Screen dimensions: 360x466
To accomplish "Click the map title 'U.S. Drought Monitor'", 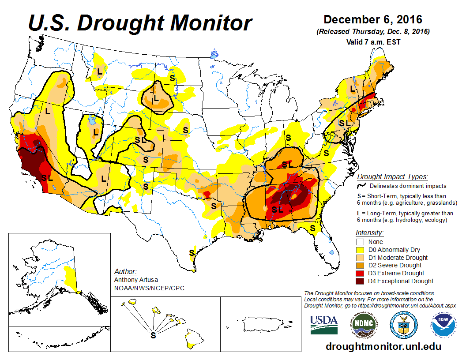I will pyautogui.click(x=140, y=23).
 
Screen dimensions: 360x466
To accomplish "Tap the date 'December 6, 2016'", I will pyautogui.click(x=373, y=20).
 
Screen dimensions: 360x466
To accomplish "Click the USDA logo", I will pyautogui.click(x=324, y=325).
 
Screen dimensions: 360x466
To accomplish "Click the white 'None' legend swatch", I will pyautogui.click(x=360, y=242).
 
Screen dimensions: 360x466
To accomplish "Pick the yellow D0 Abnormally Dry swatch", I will pyautogui.click(x=360, y=250).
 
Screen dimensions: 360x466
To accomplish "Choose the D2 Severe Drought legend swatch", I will pyautogui.click(x=360, y=265).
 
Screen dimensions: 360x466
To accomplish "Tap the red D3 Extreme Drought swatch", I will pyautogui.click(x=360, y=273).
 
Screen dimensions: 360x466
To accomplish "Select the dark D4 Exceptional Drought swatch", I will pyautogui.click(x=360, y=281).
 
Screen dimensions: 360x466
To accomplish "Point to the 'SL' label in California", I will pyautogui.click(x=47, y=178).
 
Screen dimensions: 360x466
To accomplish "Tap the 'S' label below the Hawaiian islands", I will pyautogui.click(x=153, y=336).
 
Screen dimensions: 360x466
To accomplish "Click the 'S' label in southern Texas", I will pyautogui.click(x=192, y=253).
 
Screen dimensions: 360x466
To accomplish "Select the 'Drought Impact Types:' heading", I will pyautogui.click(x=392, y=177).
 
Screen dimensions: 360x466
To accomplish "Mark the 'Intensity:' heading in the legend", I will pyautogui.click(x=369, y=232).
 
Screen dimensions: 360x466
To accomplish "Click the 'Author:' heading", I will pyautogui.click(x=125, y=271).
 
